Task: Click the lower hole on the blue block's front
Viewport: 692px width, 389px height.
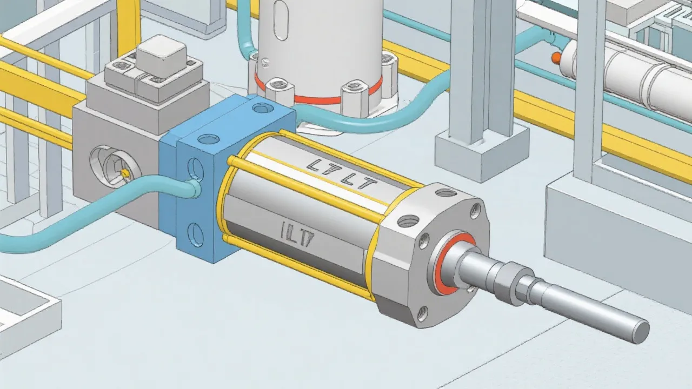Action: pos(195,234)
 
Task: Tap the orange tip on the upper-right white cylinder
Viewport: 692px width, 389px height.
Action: pos(556,57)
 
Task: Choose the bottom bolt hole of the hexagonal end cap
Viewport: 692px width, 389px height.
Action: pos(422,312)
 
